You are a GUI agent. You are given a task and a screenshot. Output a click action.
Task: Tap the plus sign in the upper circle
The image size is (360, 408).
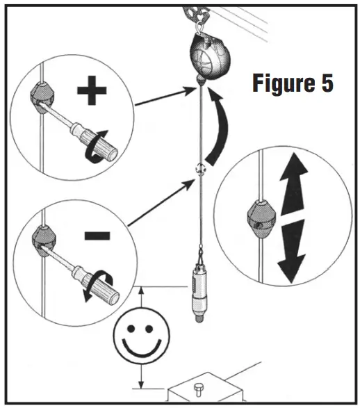tap(91, 92)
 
